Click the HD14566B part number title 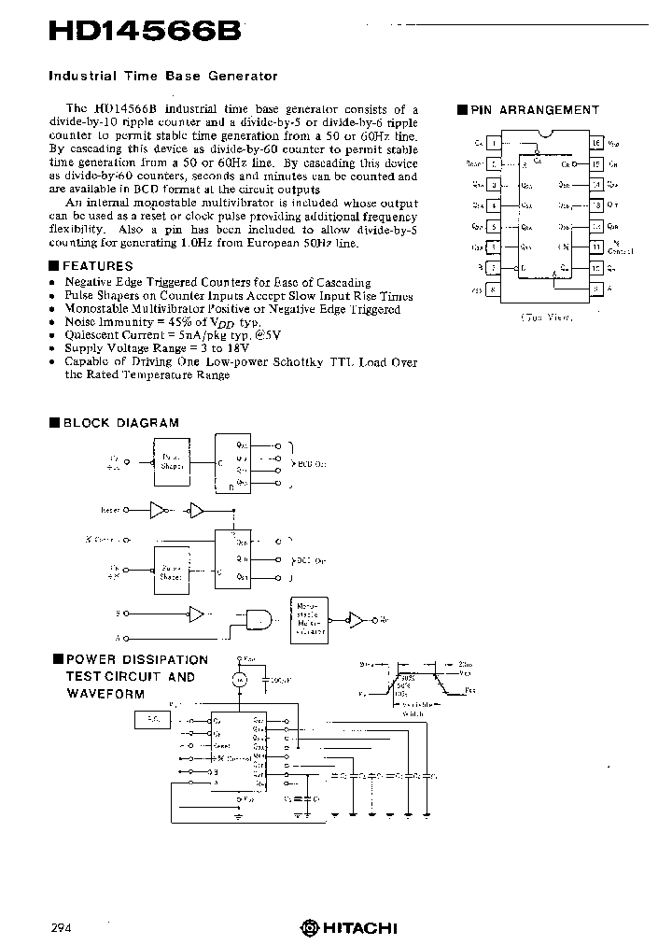(x=147, y=30)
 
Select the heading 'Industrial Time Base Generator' (x=162, y=76)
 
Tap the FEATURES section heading (x=97, y=266)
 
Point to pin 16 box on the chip (x=595, y=143)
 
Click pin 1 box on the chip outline (x=494, y=143)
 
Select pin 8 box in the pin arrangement (x=494, y=290)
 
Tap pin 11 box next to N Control (x=595, y=247)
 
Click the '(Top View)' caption (x=545, y=317)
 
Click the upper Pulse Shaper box (x=171, y=461)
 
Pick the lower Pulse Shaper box (x=171, y=571)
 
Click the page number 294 (x=61, y=927)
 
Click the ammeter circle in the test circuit (x=240, y=680)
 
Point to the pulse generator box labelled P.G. (x=153, y=718)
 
